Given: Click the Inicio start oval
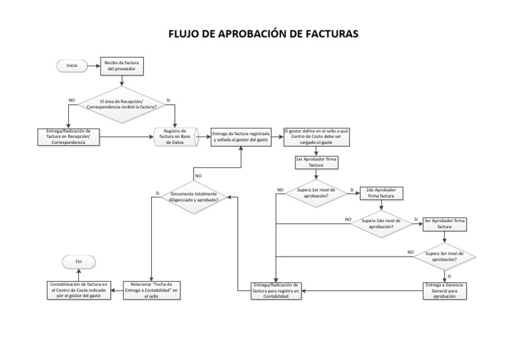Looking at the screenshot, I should [72, 65].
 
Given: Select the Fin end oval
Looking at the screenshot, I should [78, 262].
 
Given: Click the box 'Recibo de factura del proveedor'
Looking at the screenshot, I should [121, 65].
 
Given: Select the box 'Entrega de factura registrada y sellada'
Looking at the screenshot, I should [241, 136].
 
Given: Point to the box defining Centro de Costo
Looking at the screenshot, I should [315, 136].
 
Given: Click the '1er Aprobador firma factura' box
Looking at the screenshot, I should [316, 162].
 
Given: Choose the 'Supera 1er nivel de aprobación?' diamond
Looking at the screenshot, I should [316, 193].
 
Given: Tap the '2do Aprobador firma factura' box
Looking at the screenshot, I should [380, 193].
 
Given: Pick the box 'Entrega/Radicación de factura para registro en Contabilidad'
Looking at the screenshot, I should [276, 290].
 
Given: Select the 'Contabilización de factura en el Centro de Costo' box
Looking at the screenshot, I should [78, 290].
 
